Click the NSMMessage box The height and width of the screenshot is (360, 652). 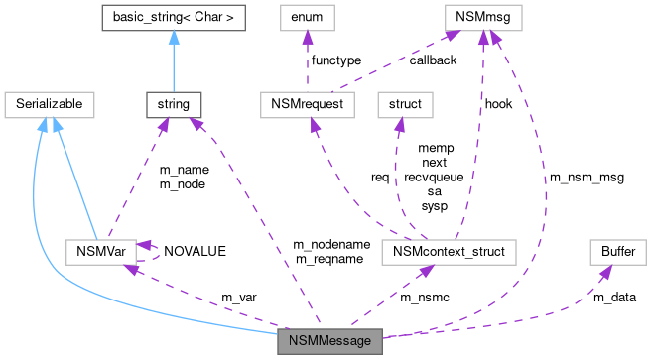[329, 341]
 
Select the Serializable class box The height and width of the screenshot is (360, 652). [49, 103]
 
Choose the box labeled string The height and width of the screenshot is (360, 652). [174, 103]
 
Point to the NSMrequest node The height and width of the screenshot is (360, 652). [307, 103]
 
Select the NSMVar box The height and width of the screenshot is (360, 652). [99, 252]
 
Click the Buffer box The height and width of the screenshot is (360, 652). [617, 252]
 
